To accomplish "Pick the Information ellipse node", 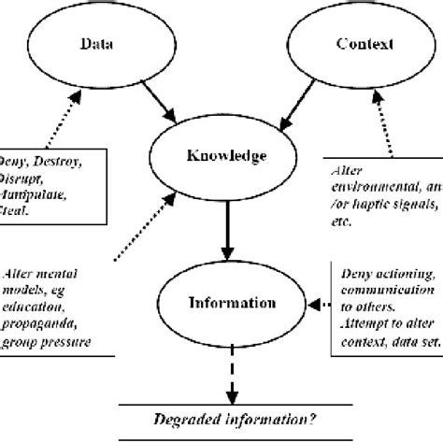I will click(224, 303).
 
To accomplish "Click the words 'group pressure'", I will click(51, 342).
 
